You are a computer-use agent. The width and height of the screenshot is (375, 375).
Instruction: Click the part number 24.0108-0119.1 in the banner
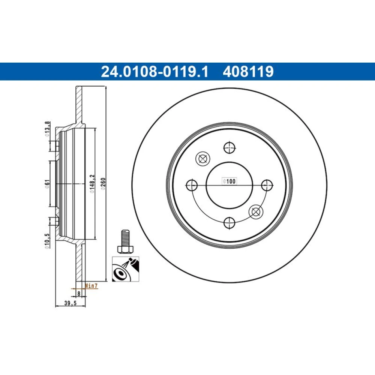point(155,72)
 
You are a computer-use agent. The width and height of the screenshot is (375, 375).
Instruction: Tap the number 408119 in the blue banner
point(248,72)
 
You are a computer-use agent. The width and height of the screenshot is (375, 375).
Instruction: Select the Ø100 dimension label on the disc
point(229,181)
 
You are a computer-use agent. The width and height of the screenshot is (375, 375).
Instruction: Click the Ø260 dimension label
point(103,184)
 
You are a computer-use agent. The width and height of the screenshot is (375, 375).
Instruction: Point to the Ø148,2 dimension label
point(92,184)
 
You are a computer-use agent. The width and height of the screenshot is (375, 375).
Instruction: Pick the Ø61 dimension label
point(47,184)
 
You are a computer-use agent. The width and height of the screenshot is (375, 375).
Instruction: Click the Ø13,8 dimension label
point(47,129)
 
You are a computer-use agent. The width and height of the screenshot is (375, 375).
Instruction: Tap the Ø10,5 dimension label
point(47,241)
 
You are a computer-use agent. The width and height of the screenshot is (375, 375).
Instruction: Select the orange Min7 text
point(91,285)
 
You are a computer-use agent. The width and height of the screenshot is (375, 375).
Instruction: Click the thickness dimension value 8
point(79,293)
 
